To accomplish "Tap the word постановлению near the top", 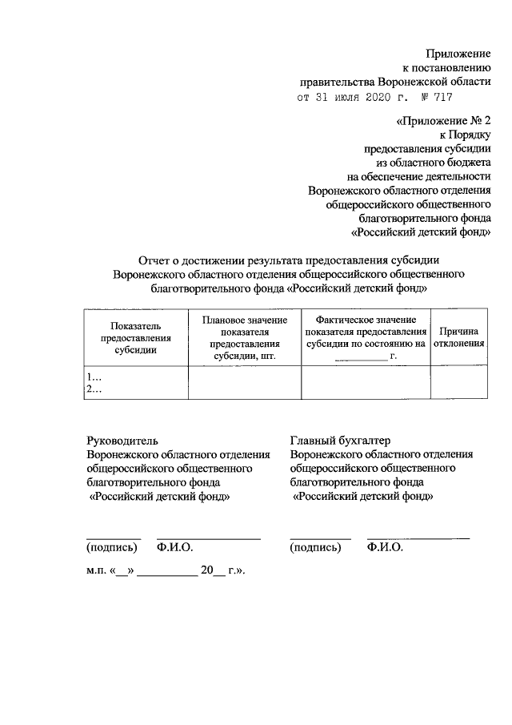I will [450, 67].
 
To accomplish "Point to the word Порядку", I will [466, 134].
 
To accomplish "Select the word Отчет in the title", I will [155, 259].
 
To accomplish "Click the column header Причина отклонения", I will [458, 337].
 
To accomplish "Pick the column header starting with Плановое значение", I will [244, 337].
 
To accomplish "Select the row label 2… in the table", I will [95, 389].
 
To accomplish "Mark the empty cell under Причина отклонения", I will [458, 382].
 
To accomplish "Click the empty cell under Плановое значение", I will [244, 382].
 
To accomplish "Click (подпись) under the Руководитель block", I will [111, 548].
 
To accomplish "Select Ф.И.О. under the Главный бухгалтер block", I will [385, 548].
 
